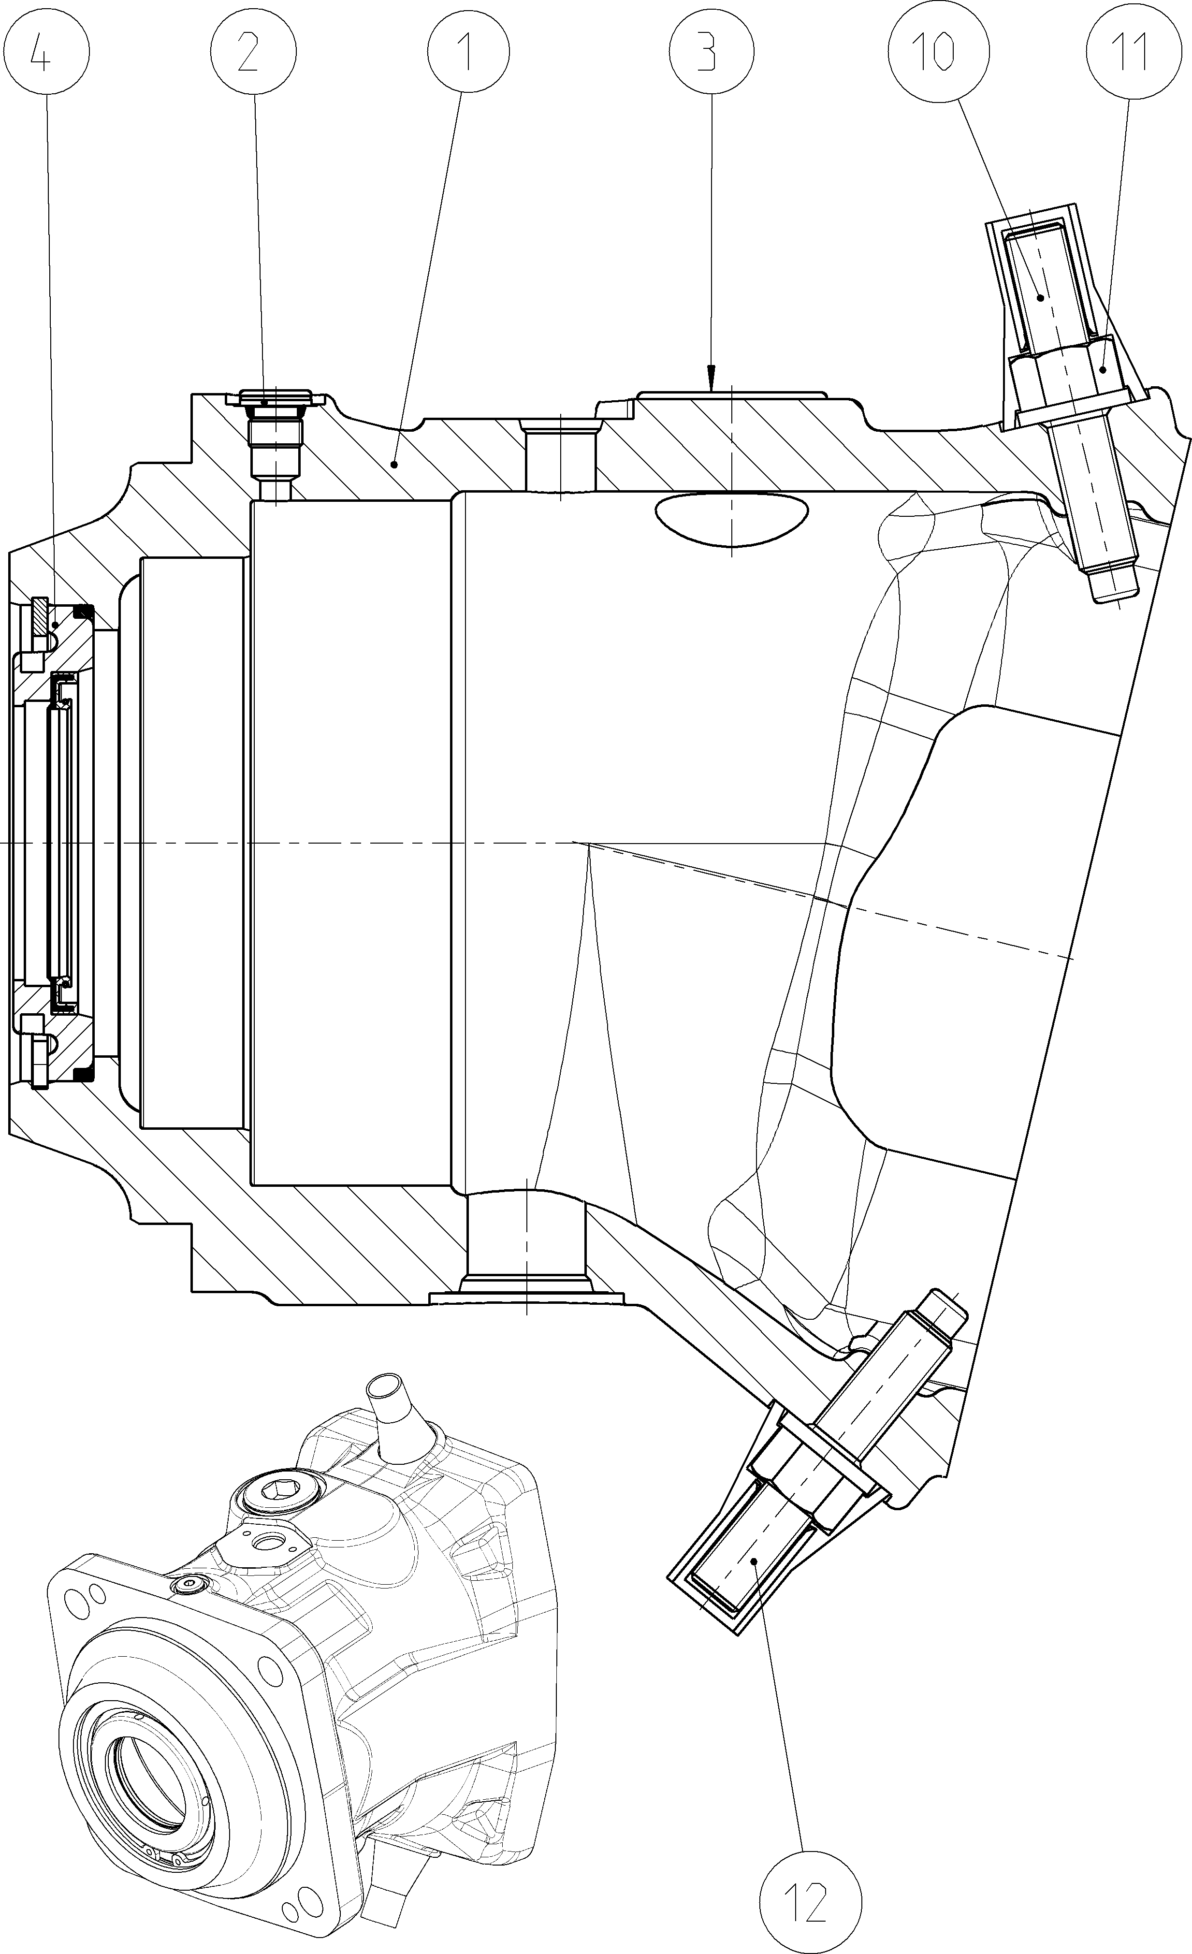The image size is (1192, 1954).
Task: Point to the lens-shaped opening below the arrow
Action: coord(731,519)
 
